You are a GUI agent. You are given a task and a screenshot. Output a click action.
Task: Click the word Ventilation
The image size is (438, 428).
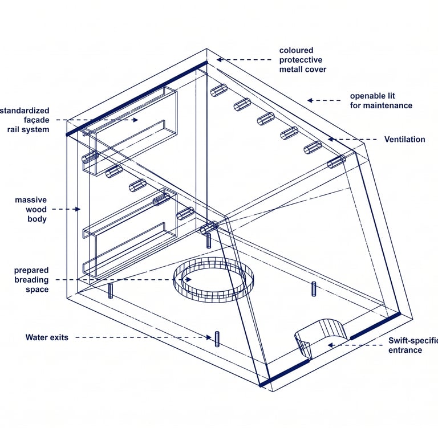coord(404,140)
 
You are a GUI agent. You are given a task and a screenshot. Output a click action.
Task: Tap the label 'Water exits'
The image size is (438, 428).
coord(47,337)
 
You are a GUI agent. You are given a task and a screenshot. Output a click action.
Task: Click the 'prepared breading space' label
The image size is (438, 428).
coord(31,280)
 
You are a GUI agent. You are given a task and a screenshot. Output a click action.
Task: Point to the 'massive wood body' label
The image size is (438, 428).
coord(31,209)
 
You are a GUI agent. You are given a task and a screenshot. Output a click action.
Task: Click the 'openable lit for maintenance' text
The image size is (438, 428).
coord(380,101)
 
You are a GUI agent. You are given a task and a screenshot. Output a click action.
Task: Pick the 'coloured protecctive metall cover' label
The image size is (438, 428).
coord(303,60)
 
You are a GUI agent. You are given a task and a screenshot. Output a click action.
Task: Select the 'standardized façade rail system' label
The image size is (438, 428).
coord(29,120)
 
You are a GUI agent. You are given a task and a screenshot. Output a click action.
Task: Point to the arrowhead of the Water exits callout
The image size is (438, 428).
coord(209,337)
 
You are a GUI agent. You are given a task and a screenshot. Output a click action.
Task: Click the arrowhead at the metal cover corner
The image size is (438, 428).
coord(219,59)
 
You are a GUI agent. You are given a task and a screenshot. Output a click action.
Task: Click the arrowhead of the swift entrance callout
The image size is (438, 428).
coord(329,345)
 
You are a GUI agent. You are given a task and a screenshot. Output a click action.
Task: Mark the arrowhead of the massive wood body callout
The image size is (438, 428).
coord(78,209)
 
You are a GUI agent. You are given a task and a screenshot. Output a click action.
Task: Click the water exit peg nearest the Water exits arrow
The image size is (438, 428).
coord(217,339)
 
